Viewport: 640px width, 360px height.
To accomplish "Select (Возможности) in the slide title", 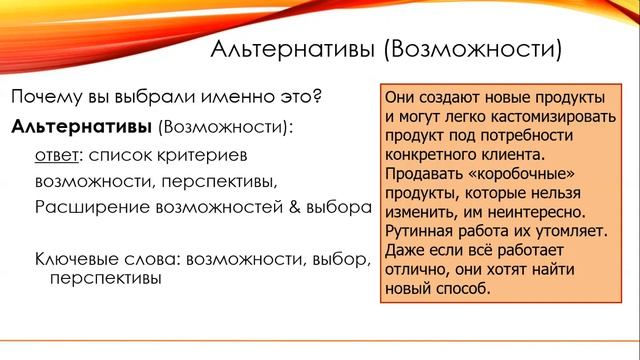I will (x=473, y=49).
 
